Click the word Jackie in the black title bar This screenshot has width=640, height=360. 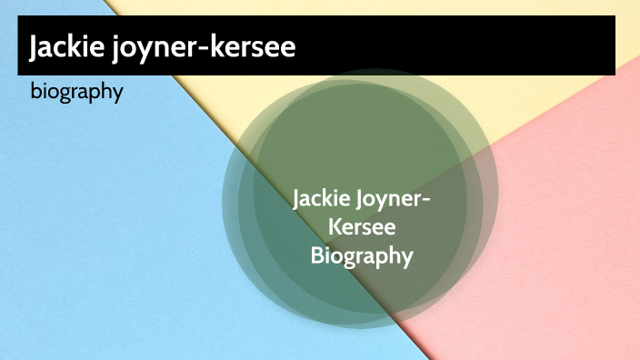point(64,46)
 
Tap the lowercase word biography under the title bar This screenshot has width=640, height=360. point(76,93)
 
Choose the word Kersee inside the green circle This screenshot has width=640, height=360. point(362,227)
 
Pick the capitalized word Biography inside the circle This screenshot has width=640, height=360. point(362,256)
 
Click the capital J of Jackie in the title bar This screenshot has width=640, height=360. point(35,46)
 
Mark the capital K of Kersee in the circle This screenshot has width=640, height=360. point(333,227)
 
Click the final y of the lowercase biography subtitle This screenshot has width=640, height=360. point(118,95)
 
